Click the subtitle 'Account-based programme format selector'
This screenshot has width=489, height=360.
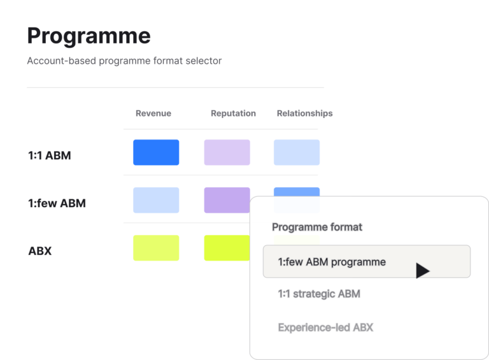point(124,61)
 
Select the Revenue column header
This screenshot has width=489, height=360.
point(153,113)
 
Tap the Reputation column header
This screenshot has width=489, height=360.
point(233,113)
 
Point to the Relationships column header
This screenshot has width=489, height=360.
point(305,113)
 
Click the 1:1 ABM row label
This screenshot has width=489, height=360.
point(50,155)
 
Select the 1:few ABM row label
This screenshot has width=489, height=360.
point(57,203)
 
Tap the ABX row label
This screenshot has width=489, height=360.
point(40,251)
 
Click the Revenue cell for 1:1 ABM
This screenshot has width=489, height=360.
point(156,152)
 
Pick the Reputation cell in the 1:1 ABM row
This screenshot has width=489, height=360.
point(227,152)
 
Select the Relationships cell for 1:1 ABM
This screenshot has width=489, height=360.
point(297,152)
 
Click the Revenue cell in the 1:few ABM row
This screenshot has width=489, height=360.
point(156,200)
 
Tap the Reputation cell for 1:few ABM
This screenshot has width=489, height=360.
point(227,200)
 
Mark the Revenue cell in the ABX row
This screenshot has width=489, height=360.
point(156,248)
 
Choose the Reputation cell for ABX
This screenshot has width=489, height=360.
point(227,248)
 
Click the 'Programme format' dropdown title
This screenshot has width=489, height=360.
point(317,227)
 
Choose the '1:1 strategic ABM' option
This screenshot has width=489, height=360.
point(319,294)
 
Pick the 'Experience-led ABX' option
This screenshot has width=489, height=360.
point(325,328)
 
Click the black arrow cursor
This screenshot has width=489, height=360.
point(422,270)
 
